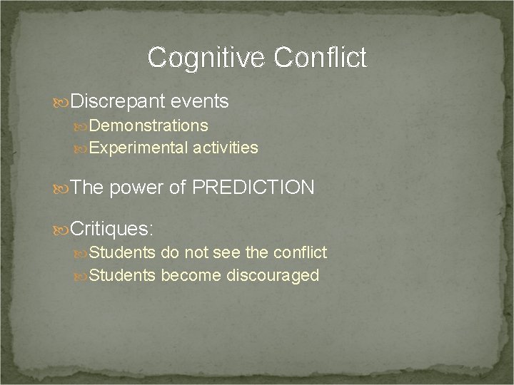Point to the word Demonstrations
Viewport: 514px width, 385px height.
(x=149, y=126)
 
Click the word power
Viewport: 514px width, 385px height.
(x=136, y=188)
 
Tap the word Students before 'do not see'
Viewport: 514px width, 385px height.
(x=123, y=252)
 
